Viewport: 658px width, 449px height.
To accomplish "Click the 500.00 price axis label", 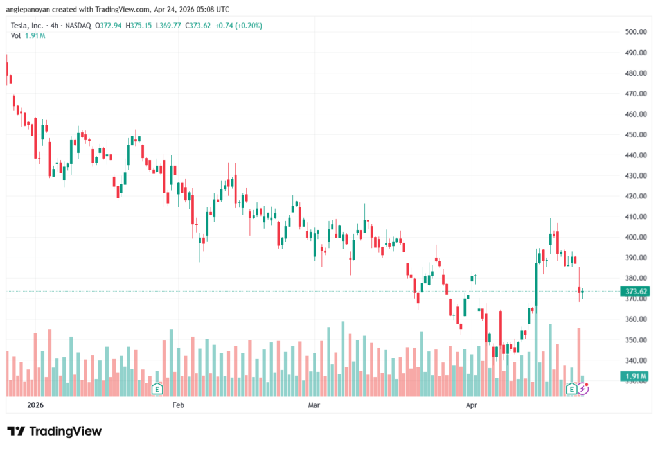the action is point(635,32).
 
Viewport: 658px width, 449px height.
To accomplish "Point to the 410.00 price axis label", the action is point(635,217).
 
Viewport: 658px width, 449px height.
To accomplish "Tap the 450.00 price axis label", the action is point(635,135).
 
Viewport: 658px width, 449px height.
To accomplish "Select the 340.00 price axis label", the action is point(635,360).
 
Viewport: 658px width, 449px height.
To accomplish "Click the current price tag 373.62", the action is point(635,291).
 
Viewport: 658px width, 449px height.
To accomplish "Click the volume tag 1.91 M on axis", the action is point(635,376).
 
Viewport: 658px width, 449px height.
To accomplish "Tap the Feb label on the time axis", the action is point(179,405).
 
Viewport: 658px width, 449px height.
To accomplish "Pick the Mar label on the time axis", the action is point(314,405).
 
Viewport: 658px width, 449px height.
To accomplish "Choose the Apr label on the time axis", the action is point(471,405).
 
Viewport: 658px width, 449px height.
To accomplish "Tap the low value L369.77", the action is point(170,26).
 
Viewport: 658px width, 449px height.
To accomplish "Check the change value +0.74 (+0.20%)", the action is point(239,26).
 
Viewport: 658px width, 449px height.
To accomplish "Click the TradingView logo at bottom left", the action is point(54,431).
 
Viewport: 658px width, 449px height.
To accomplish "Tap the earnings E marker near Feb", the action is point(156,389).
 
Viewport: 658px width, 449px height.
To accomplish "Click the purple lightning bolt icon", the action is point(583,389).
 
